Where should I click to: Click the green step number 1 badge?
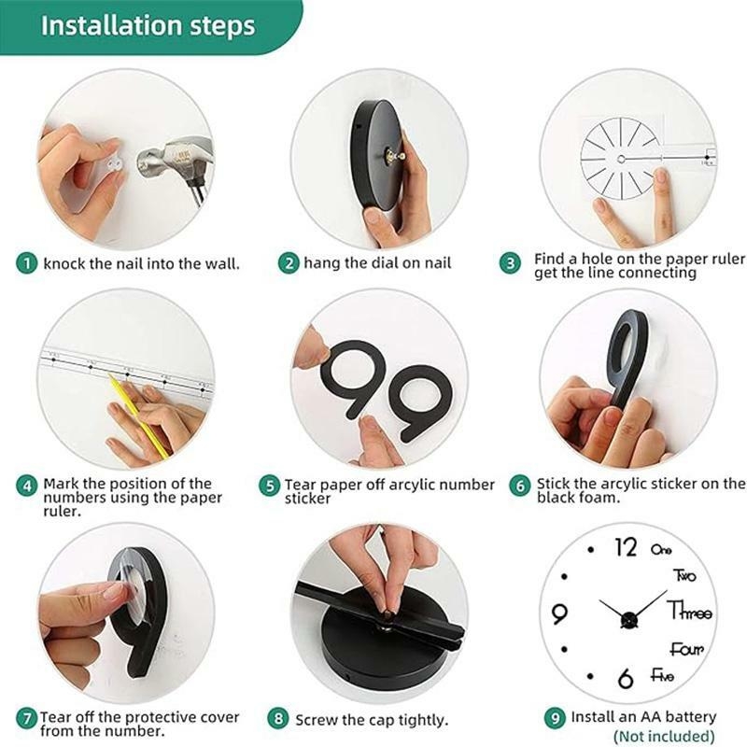pyautogui.click(x=27, y=263)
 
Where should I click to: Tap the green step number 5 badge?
pyautogui.click(x=270, y=486)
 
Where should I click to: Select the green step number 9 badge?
pyautogui.click(x=555, y=718)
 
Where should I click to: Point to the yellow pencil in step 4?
pyautogui.click(x=138, y=416)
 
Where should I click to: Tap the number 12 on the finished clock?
pyautogui.click(x=626, y=547)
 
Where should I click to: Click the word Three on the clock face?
pyautogui.click(x=690, y=611)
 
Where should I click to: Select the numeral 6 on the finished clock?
pyautogui.click(x=625, y=679)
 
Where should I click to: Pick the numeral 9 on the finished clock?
pyautogui.click(x=558, y=613)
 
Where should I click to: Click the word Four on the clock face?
pyautogui.click(x=686, y=648)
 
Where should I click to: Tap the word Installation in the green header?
pyautogui.click(x=111, y=26)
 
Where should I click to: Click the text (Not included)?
pyautogui.click(x=664, y=736)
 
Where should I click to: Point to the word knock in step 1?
pyautogui.click(x=64, y=263)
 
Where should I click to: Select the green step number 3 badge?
pyautogui.click(x=510, y=263)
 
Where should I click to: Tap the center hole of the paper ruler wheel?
pyautogui.click(x=621, y=159)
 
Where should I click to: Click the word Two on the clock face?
pyautogui.click(x=684, y=575)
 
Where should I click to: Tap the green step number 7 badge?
pyautogui.click(x=27, y=718)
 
